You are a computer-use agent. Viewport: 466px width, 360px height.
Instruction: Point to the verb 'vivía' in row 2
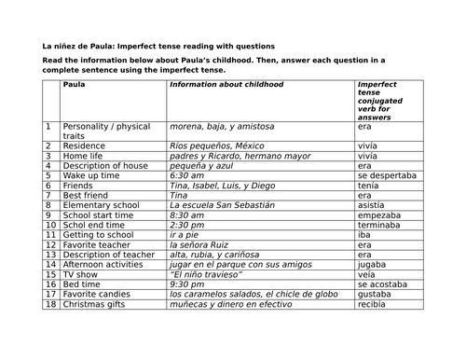pos(368,146)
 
